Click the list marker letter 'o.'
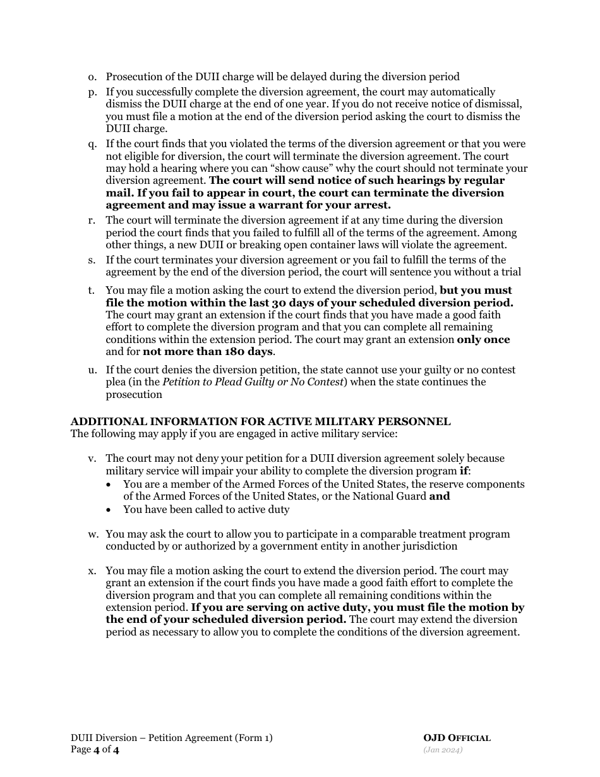pos(92,77)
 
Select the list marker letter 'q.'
pos(92,144)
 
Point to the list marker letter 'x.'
pos(92,571)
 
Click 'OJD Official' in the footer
pos(457,738)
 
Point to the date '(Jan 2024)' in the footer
pos(443,750)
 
